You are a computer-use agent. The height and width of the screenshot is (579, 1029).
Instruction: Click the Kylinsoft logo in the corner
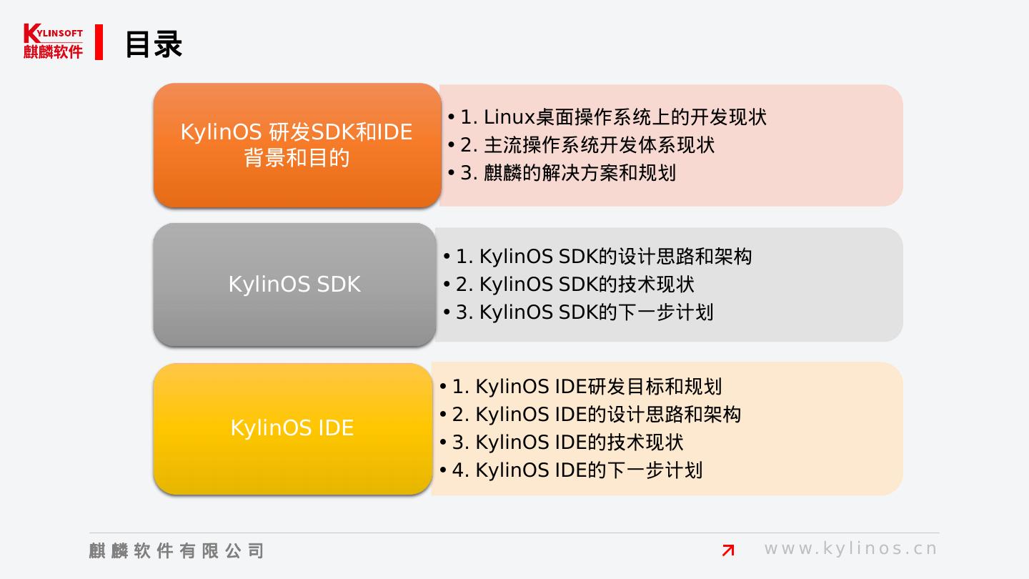[x=53, y=41]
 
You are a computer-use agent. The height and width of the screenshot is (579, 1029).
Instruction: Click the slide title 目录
[x=154, y=44]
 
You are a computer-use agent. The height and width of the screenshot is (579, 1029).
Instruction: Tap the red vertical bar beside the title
[x=99, y=42]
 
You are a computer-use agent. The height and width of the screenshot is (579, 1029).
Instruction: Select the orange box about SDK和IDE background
[x=297, y=145]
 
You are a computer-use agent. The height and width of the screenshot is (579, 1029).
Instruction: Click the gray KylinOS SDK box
[x=294, y=284]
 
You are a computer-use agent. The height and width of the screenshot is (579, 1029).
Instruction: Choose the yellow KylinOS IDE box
[x=292, y=428]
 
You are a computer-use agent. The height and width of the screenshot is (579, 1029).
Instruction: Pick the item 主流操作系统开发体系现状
[x=587, y=145]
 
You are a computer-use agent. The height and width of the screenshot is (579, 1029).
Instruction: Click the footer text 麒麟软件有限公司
[x=177, y=550]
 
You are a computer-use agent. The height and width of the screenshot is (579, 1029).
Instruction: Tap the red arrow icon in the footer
[x=728, y=550]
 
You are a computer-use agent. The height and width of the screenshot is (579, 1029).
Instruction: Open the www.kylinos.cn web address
[x=850, y=549]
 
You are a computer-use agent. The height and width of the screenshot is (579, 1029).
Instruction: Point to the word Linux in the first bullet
[x=509, y=117]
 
